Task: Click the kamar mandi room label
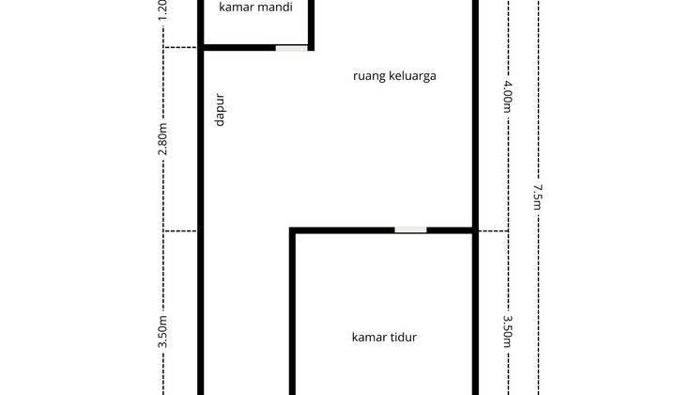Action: click(x=256, y=8)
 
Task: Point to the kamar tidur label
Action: click(x=384, y=337)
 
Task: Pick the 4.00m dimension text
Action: click(x=507, y=97)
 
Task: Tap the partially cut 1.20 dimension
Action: click(x=163, y=9)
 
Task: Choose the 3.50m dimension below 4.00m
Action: click(x=507, y=332)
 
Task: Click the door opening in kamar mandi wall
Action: click(x=291, y=47)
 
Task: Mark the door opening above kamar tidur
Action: click(x=410, y=229)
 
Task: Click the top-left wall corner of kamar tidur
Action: click(x=293, y=230)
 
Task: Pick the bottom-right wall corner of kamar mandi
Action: click(x=311, y=47)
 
